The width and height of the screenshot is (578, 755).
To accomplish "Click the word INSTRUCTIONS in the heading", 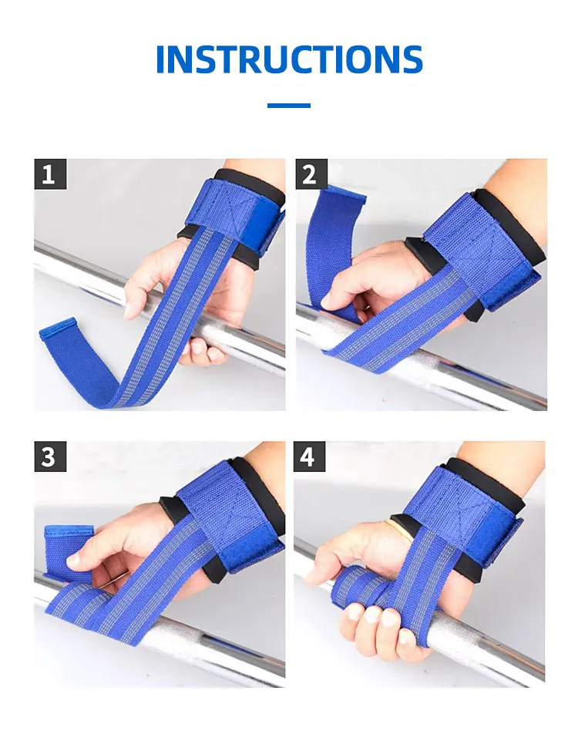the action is click(x=289, y=59).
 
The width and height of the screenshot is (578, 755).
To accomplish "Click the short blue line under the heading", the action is click(x=289, y=105).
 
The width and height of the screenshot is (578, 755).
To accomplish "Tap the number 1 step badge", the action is click(x=50, y=174).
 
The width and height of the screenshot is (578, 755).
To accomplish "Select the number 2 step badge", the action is click(x=311, y=174).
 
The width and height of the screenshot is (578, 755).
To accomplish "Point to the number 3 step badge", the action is click(x=50, y=457).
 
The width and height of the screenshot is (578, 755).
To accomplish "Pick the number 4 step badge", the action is click(x=310, y=457).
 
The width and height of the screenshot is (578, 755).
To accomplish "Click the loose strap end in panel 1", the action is click(x=72, y=352).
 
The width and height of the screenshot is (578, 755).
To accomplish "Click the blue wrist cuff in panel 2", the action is click(x=481, y=251).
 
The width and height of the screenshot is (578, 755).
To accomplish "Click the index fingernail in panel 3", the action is click(x=72, y=560).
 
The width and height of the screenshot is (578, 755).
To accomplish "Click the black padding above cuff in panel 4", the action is click(x=486, y=484).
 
